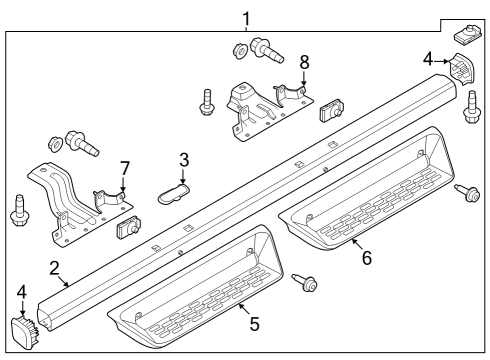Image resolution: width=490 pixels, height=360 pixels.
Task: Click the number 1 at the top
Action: [x=247, y=17]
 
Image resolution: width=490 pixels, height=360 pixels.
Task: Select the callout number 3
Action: [x=183, y=160]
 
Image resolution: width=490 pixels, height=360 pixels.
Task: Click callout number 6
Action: [x=367, y=257]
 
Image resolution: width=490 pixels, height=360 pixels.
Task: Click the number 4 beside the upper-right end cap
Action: [x=427, y=59]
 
